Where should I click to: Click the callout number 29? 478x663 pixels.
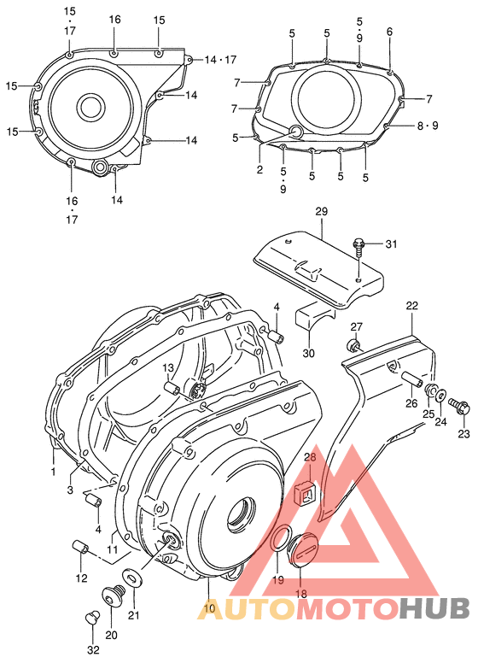coord(321,210)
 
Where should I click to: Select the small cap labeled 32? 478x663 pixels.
coord(93,618)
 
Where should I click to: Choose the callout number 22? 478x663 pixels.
coord(411,306)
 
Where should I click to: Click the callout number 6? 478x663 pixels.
coord(389,32)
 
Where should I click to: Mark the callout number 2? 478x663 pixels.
coord(259,170)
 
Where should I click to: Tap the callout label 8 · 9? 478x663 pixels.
coord(428,126)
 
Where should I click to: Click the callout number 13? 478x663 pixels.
coord(168,367)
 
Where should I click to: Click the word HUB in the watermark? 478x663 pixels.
coord(434,607)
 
